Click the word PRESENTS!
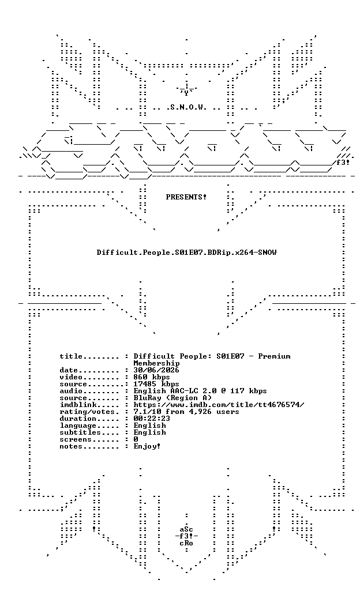[186, 197]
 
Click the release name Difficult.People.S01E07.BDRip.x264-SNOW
[186, 253]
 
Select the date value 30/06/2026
[156, 370]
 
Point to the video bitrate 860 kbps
[152, 377]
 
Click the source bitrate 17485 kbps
[156, 384]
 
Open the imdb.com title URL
[219, 405]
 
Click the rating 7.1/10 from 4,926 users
[186, 412]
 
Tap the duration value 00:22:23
[152, 419]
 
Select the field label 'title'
[71, 356]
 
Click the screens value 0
[136, 439]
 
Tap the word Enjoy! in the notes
[147, 446]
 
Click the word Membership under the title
[156, 363]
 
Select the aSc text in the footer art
[186, 529]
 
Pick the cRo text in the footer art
[186, 543]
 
